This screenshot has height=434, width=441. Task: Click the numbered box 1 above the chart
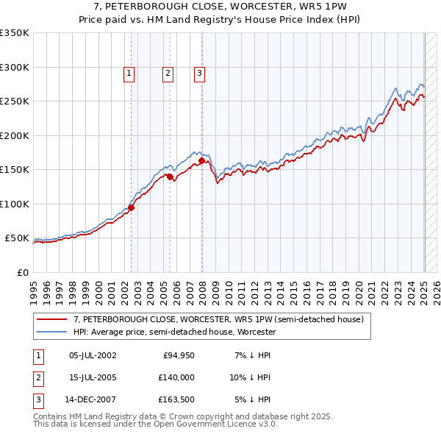(x=129, y=73)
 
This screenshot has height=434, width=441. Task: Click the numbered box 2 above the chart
(x=168, y=73)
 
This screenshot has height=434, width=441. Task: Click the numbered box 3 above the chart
(x=199, y=73)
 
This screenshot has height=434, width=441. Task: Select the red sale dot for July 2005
(x=170, y=177)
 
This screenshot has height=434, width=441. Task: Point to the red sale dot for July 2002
(x=131, y=207)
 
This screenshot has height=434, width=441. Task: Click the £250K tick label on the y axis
(x=15, y=102)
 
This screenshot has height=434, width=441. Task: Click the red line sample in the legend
(x=53, y=319)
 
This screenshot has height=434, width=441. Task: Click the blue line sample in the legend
(x=53, y=332)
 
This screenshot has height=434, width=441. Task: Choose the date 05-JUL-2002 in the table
(x=92, y=355)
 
